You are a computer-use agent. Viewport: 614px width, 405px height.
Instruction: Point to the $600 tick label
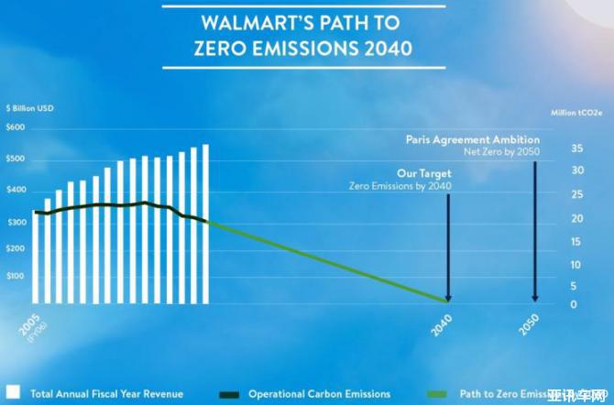click(x=16, y=126)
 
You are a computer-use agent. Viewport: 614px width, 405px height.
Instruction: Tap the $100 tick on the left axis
click(x=16, y=276)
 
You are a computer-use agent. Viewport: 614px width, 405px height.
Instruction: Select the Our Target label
click(x=423, y=173)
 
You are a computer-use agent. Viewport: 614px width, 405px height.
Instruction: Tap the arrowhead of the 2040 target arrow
click(x=448, y=297)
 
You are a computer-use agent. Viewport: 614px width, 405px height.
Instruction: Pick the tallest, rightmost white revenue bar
click(x=205, y=224)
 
